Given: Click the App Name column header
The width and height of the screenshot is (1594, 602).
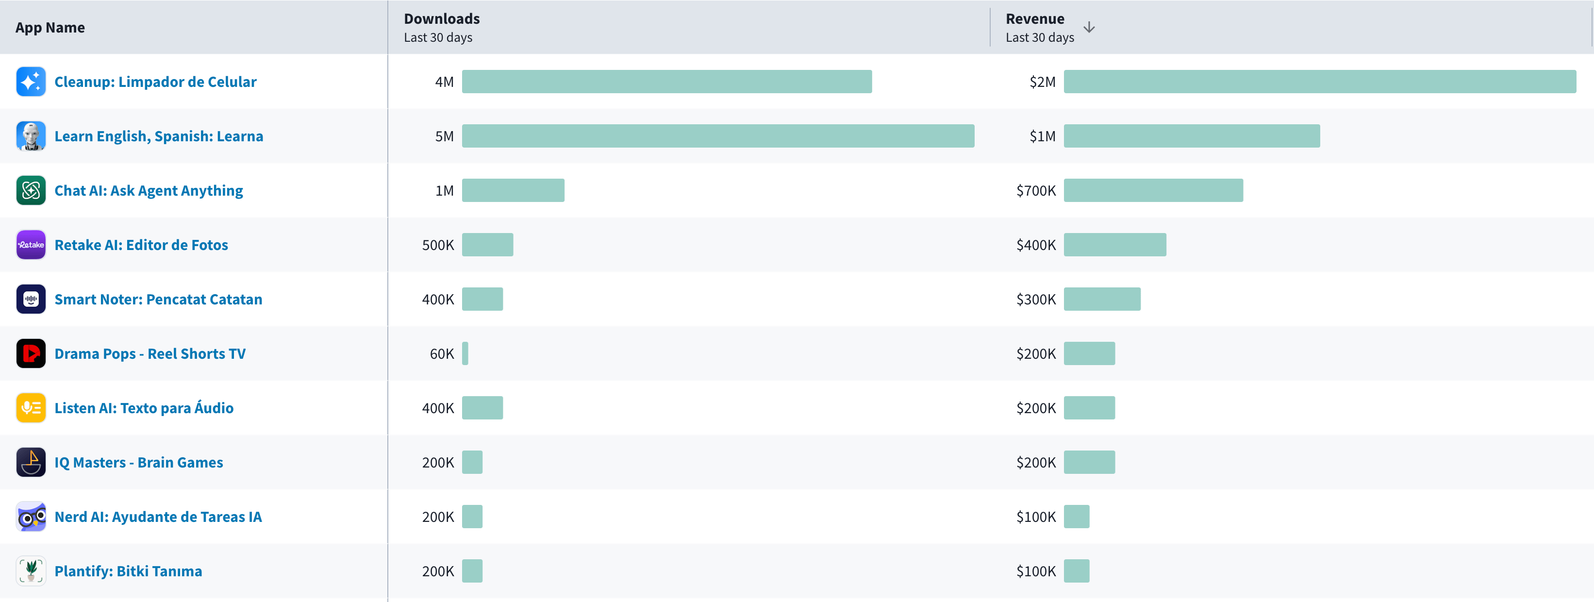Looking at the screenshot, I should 50,28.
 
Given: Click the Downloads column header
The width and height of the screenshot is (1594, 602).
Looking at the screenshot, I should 441,19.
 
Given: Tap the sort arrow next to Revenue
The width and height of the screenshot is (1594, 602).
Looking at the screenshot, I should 1089,28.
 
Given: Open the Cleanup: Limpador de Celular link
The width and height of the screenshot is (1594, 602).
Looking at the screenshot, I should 155,82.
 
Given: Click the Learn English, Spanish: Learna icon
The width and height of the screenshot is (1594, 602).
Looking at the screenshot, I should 31,136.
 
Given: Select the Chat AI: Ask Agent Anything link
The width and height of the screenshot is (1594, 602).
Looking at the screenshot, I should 149,191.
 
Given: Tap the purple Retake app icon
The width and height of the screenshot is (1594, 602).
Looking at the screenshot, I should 31,245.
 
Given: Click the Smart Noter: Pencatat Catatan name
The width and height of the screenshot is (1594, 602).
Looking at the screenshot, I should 158,300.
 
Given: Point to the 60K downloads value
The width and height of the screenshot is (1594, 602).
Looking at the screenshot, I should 442,354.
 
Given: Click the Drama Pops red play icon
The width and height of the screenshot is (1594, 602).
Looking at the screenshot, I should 31,354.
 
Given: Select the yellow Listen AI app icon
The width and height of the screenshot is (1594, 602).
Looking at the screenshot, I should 31,408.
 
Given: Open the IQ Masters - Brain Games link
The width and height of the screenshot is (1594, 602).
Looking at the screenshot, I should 139,463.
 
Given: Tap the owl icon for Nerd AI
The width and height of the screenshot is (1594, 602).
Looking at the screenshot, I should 31,517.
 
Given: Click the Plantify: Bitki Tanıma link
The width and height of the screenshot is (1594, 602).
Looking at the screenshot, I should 128,571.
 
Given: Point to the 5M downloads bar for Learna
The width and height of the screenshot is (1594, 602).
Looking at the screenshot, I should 718,136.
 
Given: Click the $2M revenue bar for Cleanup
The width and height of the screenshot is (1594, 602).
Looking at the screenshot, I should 1319,82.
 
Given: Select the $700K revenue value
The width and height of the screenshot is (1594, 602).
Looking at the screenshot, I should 1036,191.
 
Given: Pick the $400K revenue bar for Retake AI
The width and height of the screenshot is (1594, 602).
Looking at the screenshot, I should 1114,245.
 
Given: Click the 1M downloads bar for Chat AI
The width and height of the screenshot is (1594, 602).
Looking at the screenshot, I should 513,191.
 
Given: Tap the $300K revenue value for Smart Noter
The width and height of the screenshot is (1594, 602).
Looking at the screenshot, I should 1036,300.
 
